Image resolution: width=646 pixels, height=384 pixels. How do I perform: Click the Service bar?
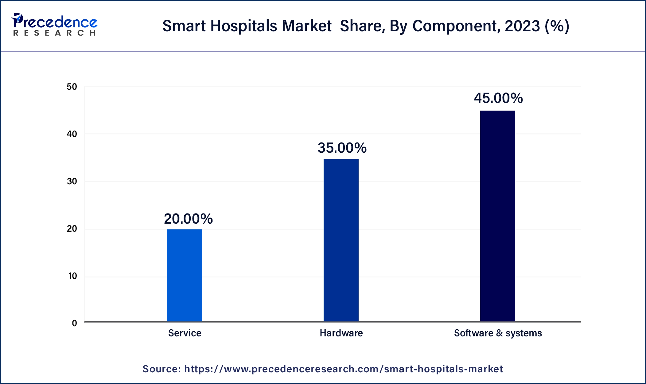pyautogui.click(x=185, y=275)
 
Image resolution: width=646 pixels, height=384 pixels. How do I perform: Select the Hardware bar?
pyautogui.click(x=341, y=240)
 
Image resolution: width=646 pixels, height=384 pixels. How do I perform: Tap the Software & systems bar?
pyautogui.click(x=498, y=216)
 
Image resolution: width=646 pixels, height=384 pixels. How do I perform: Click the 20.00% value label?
pyautogui.click(x=188, y=219)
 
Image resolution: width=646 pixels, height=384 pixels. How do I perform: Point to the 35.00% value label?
pyautogui.click(x=342, y=148)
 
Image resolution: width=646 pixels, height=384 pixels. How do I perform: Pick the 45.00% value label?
pyautogui.click(x=498, y=98)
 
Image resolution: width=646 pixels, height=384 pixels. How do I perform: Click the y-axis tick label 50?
pyautogui.click(x=72, y=87)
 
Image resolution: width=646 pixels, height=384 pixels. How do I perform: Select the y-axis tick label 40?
pyautogui.click(x=72, y=134)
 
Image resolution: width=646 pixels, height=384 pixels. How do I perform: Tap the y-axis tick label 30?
pyautogui.click(x=72, y=182)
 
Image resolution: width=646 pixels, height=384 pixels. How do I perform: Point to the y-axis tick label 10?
pyautogui.click(x=72, y=276)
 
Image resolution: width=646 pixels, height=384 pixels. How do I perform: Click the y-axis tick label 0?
pyautogui.click(x=74, y=323)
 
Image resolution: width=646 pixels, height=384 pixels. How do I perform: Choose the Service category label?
pyautogui.click(x=185, y=333)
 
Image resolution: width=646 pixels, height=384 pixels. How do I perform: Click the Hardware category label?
pyautogui.click(x=341, y=333)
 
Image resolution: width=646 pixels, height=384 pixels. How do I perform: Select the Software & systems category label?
pyautogui.click(x=498, y=333)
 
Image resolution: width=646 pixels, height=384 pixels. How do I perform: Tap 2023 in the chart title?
pyautogui.click(x=522, y=26)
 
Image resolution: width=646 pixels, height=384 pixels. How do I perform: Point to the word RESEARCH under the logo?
pyautogui.click(x=55, y=33)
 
